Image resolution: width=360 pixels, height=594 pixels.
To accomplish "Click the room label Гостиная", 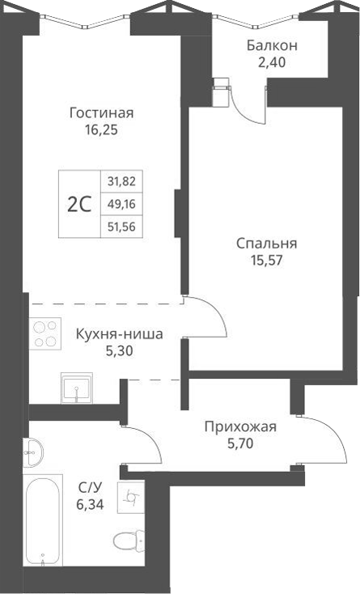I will [x=101, y=112].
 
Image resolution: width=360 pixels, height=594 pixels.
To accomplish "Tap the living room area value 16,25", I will [x=101, y=128].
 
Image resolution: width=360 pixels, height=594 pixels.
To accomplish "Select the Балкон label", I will [x=272, y=45].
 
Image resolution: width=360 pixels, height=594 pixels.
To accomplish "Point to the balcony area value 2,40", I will [x=272, y=61].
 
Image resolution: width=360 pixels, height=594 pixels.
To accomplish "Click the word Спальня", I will [x=266, y=244].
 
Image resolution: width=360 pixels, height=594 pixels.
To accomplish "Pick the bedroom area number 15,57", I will [x=266, y=260].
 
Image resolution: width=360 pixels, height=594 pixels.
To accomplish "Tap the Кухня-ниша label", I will [x=119, y=334].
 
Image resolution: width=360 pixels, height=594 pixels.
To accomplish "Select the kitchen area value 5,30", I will [x=119, y=350].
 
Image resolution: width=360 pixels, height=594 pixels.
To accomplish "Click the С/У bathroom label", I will [x=90, y=486].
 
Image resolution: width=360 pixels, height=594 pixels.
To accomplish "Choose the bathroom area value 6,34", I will [x=90, y=503].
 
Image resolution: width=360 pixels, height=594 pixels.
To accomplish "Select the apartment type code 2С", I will [x=78, y=204].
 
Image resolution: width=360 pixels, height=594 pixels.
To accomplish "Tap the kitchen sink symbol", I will [x=77, y=388].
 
